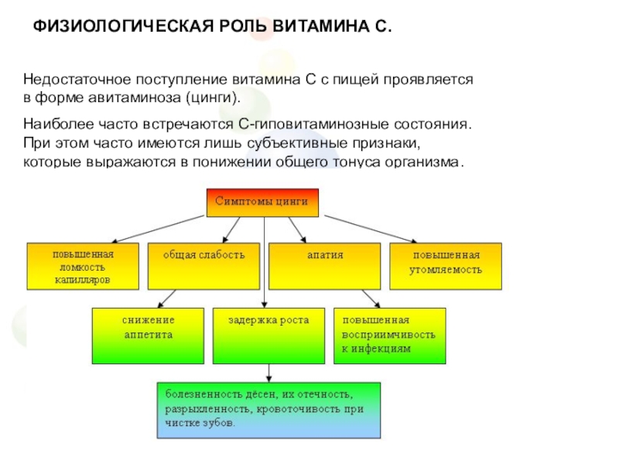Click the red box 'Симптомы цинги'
coord(262,203)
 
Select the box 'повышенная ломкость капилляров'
coord(83,267)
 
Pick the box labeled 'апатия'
coord(324,267)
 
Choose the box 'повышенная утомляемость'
coord(446,267)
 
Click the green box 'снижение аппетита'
coord(148,336)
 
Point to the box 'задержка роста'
coord(268,336)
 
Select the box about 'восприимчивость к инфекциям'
coord(390,336)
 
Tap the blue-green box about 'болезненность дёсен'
coord(268,411)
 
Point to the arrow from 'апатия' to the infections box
coord(367,299)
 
